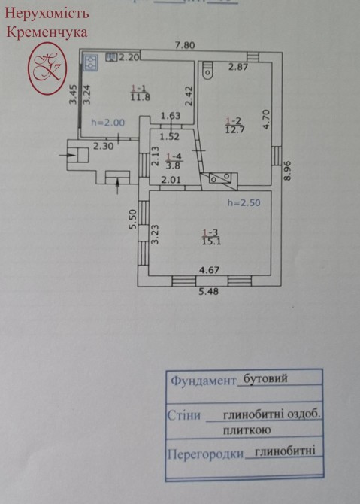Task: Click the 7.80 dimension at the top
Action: (185, 45)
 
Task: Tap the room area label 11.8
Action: (141, 97)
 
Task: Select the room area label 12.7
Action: (234, 130)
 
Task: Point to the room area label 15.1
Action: (212, 241)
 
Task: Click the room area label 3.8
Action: (174, 165)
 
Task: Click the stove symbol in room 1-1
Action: (90, 62)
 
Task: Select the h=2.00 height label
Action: (108, 123)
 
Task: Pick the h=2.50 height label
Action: (244, 203)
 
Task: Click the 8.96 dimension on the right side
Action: (287, 170)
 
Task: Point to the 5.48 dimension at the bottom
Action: (209, 292)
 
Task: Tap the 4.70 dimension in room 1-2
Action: (266, 120)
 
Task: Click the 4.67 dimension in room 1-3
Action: (210, 270)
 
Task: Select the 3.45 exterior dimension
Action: (74, 94)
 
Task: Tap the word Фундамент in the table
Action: (203, 381)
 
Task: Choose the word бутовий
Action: (265, 378)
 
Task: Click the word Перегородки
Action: (205, 454)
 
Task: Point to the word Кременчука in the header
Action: (47, 32)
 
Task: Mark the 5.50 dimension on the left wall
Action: (132, 220)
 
